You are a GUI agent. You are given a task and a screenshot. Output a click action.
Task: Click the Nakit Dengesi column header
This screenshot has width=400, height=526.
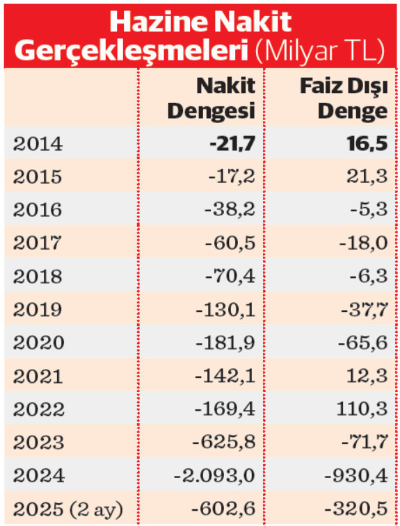tap(211, 98)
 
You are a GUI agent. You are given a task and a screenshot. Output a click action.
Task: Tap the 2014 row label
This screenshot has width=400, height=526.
tap(38, 144)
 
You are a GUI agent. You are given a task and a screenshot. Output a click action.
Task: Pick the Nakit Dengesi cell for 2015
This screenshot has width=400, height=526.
tap(232, 176)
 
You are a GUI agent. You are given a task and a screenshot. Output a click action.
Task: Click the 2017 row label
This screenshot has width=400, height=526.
tap(38, 243)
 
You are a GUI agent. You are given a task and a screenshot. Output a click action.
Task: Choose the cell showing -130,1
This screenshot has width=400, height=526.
tap(227, 309)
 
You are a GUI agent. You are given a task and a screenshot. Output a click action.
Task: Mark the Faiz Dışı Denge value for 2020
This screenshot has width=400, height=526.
tap(362, 343)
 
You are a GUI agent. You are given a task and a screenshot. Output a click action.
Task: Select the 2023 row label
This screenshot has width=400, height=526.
tap(38, 443)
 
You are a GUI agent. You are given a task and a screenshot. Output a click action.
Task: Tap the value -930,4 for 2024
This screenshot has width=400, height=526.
tap(358, 476)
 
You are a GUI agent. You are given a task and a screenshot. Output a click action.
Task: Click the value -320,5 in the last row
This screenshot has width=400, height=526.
tap(358, 509)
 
